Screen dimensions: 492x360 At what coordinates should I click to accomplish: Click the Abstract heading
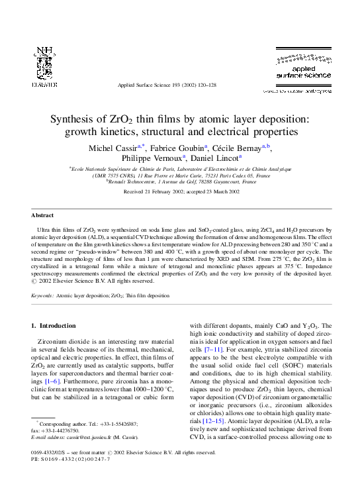[42, 215]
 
